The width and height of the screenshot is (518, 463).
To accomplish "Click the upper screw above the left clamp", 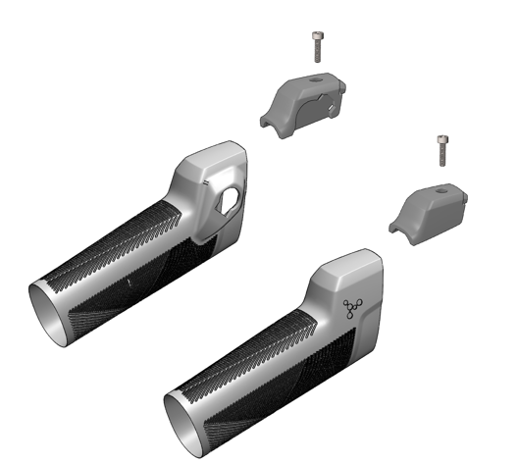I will (x=316, y=45).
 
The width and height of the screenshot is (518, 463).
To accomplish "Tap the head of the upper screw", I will (x=316, y=35).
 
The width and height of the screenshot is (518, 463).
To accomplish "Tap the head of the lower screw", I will (x=441, y=141).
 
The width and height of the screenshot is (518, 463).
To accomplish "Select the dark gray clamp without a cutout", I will (x=431, y=210).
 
